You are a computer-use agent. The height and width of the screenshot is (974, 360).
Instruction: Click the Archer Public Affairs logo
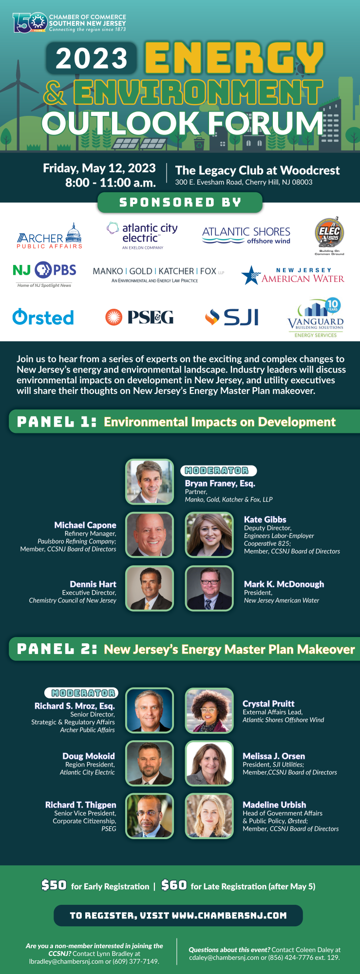[50, 236]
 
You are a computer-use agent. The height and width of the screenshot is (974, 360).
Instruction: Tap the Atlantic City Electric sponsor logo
[142, 236]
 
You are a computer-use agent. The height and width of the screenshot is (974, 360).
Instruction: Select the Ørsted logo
[43, 317]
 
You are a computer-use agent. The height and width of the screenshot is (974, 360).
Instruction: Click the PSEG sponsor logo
[139, 318]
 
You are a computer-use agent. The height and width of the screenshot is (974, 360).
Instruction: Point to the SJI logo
[232, 318]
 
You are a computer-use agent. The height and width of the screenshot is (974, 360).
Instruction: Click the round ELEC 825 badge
[329, 234]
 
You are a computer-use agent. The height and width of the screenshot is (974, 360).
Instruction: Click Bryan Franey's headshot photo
[150, 482]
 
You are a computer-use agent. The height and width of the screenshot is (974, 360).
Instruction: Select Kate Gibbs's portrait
[209, 535]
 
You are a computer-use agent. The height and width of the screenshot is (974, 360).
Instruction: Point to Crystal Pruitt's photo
[209, 711]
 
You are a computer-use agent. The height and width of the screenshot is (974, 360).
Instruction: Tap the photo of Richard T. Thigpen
[150, 816]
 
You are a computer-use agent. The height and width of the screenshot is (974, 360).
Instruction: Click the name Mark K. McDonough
[284, 584]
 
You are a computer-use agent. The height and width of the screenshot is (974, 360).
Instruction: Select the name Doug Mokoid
[89, 756]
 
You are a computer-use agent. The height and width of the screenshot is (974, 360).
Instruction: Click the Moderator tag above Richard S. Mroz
[81, 693]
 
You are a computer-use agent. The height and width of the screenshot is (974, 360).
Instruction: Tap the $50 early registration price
[54, 885]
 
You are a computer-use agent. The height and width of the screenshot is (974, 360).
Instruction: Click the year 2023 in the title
[92, 58]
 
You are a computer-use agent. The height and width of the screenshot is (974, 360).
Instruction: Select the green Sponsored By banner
[180, 202]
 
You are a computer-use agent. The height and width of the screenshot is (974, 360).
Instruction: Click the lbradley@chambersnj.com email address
[66, 961]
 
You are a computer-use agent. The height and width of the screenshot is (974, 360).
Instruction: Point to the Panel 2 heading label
[57, 649]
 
